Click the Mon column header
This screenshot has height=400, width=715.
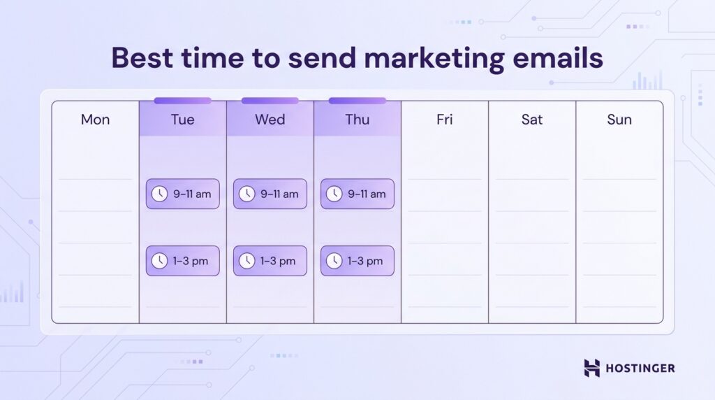[x=95, y=120]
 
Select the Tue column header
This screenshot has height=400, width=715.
[x=182, y=120]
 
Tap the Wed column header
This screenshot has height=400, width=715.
[x=270, y=120]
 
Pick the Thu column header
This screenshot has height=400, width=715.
[x=357, y=120]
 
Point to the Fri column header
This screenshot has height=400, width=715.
[x=444, y=120]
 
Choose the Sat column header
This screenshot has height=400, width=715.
[x=531, y=120]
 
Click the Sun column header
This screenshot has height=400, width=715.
[x=619, y=120]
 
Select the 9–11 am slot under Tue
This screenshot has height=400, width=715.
[x=182, y=194]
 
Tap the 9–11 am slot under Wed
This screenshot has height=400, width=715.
[x=270, y=194]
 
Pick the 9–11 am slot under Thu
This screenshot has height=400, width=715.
[x=357, y=194]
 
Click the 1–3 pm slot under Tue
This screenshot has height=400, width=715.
[x=182, y=261]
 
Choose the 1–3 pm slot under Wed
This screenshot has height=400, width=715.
[x=270, y=261]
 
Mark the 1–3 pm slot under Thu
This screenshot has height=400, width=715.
[x=357, y=261]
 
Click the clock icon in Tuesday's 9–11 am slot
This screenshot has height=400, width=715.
[x=159, y=194]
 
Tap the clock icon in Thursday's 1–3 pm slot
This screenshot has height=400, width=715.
[x=334, y=261]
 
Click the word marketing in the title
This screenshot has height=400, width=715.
[x=425, y=59]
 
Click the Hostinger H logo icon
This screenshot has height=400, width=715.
[x=592, y=368]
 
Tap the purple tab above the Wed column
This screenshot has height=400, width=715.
[x=270, y=101]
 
